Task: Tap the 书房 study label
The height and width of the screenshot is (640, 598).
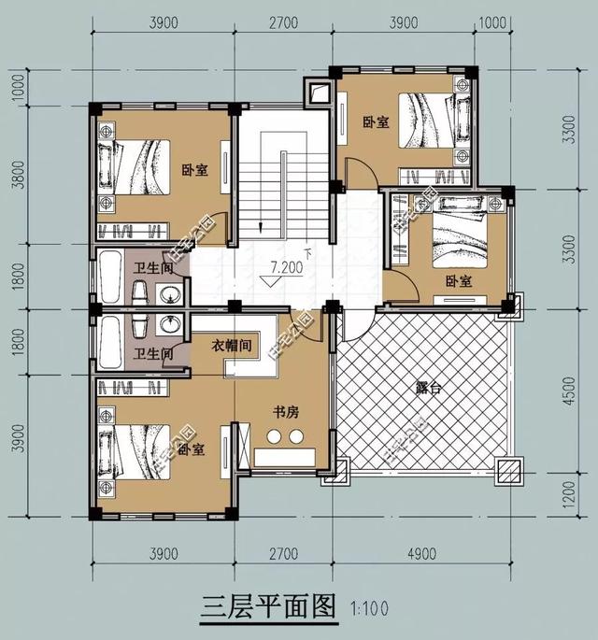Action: point(286,411)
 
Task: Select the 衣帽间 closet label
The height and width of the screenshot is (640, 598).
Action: point(233,345)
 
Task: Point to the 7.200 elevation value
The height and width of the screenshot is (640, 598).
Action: point(286,267)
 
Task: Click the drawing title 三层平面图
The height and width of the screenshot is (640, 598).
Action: point(267,607)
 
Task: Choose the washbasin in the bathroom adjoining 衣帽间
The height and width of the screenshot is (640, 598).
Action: point(169,325)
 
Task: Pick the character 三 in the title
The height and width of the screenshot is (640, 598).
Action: point(212,607)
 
